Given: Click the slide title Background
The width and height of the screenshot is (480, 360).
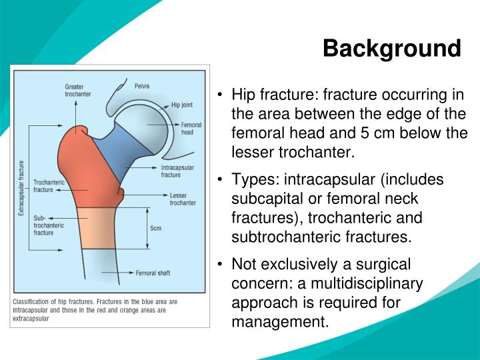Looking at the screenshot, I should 392,49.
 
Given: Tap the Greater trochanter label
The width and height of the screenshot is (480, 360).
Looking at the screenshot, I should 78,90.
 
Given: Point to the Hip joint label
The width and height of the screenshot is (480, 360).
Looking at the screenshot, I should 182,105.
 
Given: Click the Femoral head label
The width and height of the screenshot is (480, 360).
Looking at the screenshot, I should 191,129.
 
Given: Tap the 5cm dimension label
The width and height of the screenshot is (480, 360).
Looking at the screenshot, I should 155,228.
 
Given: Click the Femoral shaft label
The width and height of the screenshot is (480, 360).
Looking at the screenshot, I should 153,273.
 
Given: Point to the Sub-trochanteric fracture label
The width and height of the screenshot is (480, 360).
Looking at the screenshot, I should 47,225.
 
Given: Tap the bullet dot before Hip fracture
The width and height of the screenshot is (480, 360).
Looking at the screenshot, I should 220,94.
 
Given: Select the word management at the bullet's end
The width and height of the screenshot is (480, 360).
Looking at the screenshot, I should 279,322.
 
